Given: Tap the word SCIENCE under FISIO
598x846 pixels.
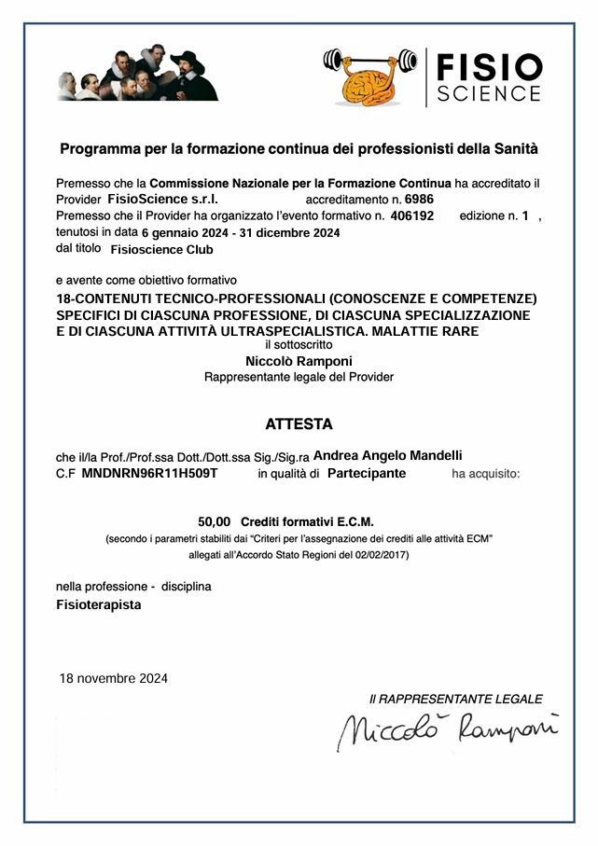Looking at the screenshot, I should (489, 93).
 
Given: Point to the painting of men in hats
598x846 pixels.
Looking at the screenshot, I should (137, 74).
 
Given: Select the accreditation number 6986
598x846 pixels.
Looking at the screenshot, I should (419, 199).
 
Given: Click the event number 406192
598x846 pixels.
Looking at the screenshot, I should (411, 215).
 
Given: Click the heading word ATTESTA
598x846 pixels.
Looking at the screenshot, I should (299, 423).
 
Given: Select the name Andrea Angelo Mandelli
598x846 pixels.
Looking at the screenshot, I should (388, 455).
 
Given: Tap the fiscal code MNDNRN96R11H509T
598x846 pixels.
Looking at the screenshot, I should (149, 474).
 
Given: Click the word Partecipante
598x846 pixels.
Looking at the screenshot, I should (367, 474).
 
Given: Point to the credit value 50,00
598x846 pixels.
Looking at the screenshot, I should (214, 521).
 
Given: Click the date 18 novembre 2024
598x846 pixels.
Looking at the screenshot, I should (113, 678).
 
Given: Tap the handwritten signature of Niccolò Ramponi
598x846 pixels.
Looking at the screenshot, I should (448, 730).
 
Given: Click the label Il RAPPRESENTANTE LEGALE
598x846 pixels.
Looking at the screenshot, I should (455, 699).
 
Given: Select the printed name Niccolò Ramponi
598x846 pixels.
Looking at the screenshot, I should (299, 361).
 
